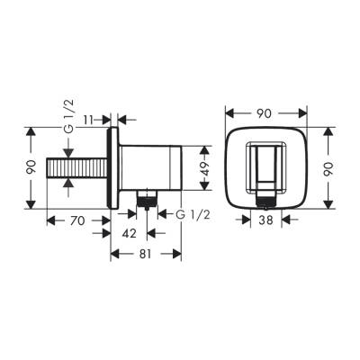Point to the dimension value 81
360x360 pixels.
(x=147, y=254)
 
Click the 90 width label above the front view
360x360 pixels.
(x=264, y=113)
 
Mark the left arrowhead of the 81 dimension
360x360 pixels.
(x=114, y=254)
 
